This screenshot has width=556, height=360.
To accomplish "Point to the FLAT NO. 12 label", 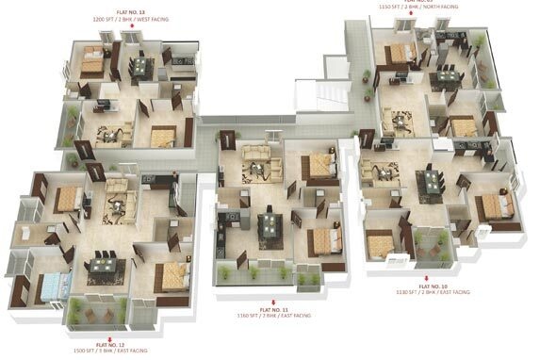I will tap(110, 345).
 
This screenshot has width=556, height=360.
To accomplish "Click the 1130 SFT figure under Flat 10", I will tap(408, 291).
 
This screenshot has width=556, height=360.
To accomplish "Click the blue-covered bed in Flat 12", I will tap(55, 284).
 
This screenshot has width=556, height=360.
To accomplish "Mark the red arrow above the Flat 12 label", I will tap(110, 337).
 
